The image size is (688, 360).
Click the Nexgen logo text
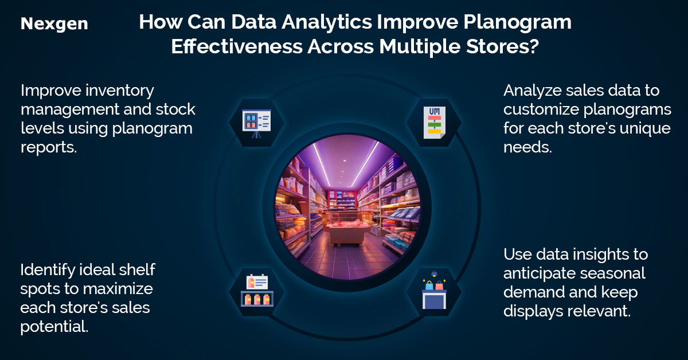click(54, 24)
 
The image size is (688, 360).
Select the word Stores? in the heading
click(502, 46)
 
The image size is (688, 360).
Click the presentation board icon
click(256, 123)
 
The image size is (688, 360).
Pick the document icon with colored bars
click(435, 123)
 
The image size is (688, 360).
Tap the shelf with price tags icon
click(257, 290)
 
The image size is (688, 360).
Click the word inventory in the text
click(120, 91)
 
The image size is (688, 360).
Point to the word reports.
click(49, 147)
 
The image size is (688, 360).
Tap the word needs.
click(527, 147)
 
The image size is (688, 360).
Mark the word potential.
click(54, 327)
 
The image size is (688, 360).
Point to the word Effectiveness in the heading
click(237, 46)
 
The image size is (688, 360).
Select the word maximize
click(118, 289)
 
